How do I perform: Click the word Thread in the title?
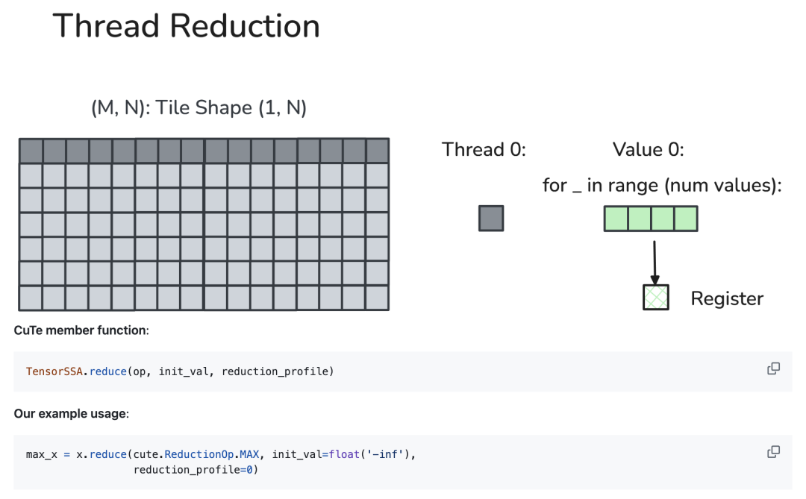106,25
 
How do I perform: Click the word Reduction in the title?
245,25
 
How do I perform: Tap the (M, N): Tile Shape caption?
199,108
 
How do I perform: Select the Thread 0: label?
484,149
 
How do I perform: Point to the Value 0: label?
649,149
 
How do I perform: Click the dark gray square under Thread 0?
491,219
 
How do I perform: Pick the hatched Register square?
656,298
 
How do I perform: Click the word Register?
727,298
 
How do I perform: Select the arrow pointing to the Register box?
655,263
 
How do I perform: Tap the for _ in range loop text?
662,186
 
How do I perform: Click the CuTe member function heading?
81,330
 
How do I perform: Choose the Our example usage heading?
72,414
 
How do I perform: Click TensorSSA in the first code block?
54,371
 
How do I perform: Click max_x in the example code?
42,455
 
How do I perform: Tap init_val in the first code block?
184,371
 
